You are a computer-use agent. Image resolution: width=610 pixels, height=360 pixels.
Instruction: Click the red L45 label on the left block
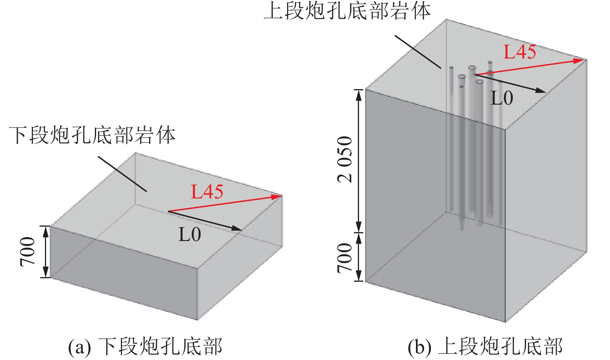[x=207, y=191]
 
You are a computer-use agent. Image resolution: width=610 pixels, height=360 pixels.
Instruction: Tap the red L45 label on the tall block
[x=519, y=52]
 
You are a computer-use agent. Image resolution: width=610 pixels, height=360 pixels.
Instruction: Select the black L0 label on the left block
[x=189, y=234]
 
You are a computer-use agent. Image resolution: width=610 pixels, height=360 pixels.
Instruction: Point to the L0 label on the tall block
[x=502, y=98]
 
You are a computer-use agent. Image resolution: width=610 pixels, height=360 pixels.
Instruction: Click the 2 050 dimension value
[x=345, y=159]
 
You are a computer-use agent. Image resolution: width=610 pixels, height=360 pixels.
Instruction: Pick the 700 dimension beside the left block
[x=28, y=252]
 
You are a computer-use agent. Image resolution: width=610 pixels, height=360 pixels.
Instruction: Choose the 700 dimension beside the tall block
[x=345, y=258]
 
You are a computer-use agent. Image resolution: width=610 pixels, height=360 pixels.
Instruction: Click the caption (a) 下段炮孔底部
[x=145, y=346]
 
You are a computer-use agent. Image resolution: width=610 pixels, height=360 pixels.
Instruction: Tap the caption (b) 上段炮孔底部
[x=485, y=346]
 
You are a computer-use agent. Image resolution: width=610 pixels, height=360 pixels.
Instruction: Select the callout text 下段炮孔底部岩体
[x=92, y=135]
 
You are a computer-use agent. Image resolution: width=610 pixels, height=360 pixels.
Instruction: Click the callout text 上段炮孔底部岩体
[x=347, y=11]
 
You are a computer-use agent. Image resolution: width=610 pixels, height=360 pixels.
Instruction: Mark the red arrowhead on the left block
[x=277, y=196]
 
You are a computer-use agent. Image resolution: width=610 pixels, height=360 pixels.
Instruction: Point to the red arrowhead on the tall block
[x=580, y=60]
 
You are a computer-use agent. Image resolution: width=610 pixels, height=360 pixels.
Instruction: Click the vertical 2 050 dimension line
[x=359, y=161]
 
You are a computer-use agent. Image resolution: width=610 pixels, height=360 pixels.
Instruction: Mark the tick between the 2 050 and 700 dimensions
[x=359, y=233]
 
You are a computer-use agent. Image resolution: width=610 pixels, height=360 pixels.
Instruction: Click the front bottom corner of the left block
[x=198, y=320]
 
